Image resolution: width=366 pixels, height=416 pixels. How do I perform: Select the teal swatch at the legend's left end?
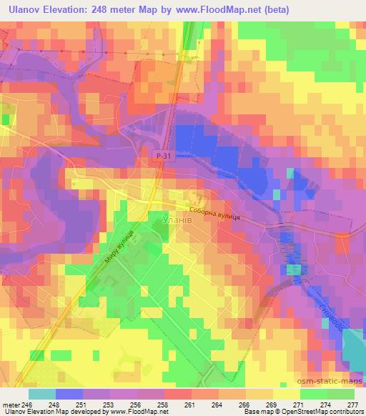click(x=42, y=393)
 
